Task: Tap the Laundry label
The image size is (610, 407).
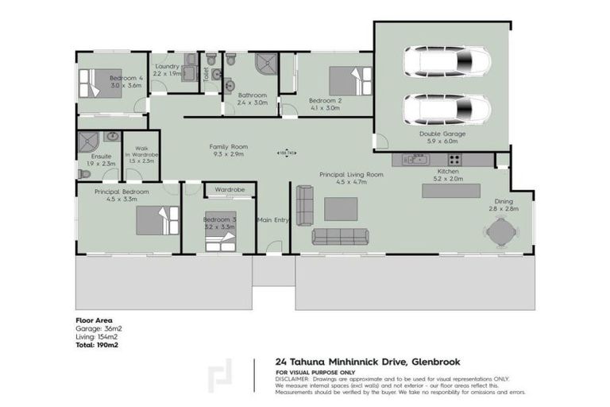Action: coord(168,66)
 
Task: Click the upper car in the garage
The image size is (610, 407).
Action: coord(447,60)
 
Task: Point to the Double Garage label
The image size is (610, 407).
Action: coord(443,134)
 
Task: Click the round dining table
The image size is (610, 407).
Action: coord(500,232)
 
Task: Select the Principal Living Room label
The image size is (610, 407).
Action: coord(351,174)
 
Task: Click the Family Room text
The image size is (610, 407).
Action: coord(229,147)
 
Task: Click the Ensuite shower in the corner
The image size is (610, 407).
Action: coord(87,143)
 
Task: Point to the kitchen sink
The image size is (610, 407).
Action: coord(415,160)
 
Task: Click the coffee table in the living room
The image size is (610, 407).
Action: coord(341,208)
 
